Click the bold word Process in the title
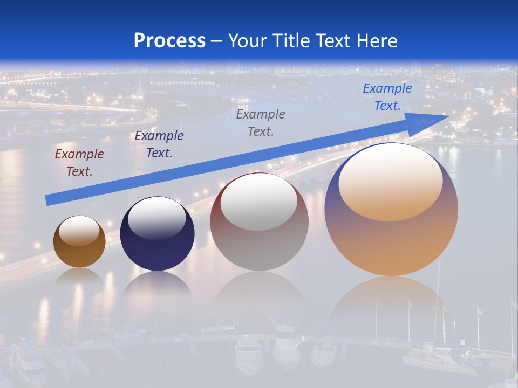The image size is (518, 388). click(x=169, y=41)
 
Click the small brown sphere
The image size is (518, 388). click(x=79, y=242)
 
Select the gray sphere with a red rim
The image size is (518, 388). click(x=259, y=222)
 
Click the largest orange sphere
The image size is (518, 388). click(x=391, y=210)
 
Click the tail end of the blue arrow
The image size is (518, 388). click(x=47, y=200)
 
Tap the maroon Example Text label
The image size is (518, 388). click(x=79, y=163)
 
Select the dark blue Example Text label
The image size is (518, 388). click(x=159, y=144)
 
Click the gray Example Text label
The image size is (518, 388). click(x=261, y=122)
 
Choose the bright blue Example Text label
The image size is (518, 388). click(x=387, y=97)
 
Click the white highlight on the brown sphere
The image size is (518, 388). click(x=79, y=231)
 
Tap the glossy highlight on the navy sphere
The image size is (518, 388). click(x=156, y=218)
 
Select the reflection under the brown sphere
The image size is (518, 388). click(x=79, y=276)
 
